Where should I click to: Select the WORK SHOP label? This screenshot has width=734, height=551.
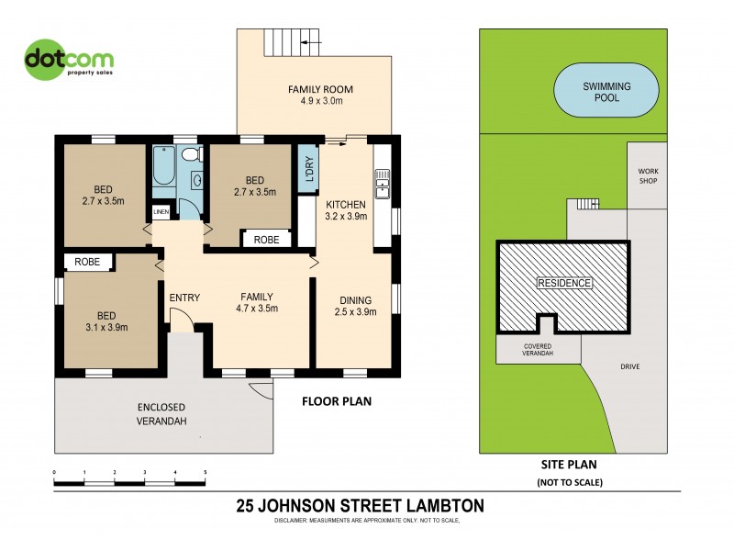646,175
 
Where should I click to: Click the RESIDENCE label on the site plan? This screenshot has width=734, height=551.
564,283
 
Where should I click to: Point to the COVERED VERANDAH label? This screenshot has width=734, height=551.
539,348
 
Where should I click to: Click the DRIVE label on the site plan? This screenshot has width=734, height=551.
629,366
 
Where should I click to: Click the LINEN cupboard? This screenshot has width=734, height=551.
161,211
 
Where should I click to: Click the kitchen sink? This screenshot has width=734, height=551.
382,184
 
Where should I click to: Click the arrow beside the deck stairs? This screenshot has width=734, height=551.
312,42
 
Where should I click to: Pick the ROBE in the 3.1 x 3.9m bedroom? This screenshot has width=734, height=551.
87,262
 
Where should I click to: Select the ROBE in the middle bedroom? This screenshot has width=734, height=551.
266,239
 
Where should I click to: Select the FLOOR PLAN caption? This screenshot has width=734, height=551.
337,401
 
